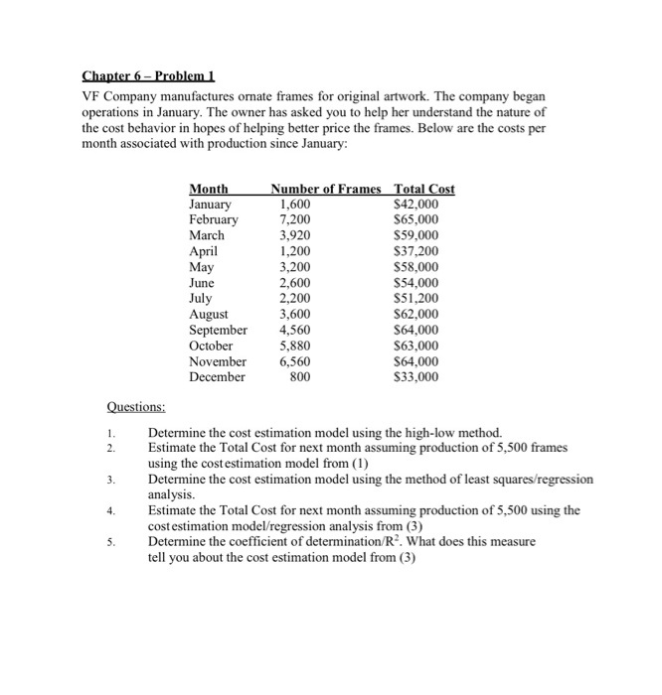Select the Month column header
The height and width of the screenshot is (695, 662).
tap(209, 189)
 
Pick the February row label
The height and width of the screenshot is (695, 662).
tap(214, 219)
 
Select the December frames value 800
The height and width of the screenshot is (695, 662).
tap(298, 378)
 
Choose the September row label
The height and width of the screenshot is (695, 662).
tap(218, 331)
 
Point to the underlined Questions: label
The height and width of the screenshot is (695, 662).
tap(136, 406)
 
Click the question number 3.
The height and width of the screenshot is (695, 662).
tap(113, 480)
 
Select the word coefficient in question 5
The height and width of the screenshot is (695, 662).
tap(263, 542)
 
